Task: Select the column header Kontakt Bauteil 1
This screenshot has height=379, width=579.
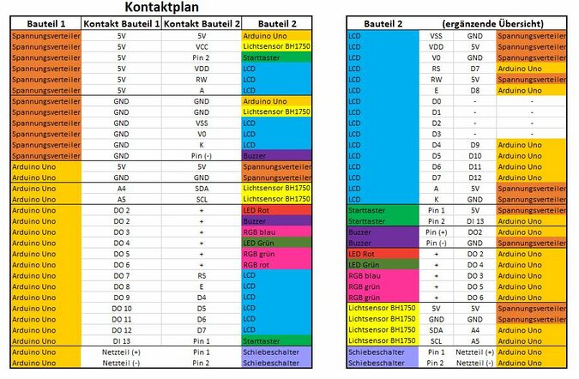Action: click(x=121, y=23)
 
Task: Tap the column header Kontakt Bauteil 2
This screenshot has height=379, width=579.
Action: click(x=202, y=23)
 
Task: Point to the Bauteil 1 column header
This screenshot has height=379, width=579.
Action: click(x=45, y=23)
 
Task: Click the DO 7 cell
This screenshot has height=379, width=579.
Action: click(x=121, y=275)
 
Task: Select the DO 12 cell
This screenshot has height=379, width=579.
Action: click(x=121, y=330)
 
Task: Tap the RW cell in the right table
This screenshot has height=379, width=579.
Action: click(x=437, y=79)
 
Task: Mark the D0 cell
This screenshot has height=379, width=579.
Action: click(x=437, y=100)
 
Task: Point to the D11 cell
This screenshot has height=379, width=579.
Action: click(x=474, y=166)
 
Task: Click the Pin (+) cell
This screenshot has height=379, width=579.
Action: click(x=437, y=232)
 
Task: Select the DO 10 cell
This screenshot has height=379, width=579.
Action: click(x=121, y=308)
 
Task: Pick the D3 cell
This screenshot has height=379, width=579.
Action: click(x=437, y=133)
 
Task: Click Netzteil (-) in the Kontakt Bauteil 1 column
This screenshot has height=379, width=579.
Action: click(x=121, y=363)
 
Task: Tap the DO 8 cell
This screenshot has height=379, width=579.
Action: click(x=121, y=286)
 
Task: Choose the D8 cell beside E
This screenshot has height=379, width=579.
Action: click(x=474, y=89)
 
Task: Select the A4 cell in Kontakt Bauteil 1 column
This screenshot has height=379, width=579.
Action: click(x=121, y=188)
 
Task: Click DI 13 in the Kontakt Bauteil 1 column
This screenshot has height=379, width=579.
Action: click(x=121, y=340)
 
